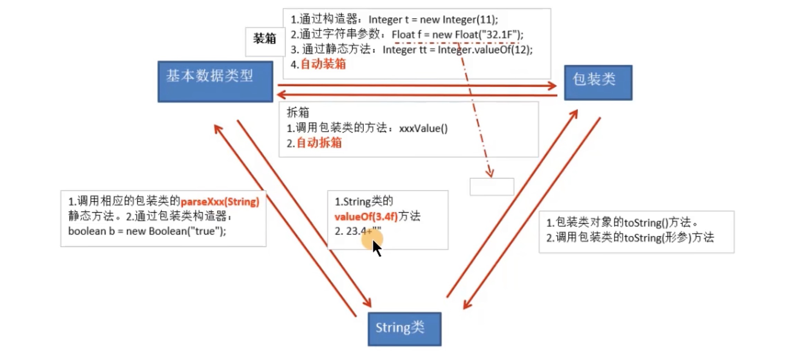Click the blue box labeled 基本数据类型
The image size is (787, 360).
point(215,82)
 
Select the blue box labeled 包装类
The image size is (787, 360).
point(598,83)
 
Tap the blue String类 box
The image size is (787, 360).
point(404,329)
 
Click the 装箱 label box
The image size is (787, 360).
point(265,38)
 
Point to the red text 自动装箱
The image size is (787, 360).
point(323,64)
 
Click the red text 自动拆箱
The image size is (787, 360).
point(319,143)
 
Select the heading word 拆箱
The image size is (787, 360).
point(297,112)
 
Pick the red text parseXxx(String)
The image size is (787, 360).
point(220,202)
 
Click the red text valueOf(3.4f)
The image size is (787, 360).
point(366,217)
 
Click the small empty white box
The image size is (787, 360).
point(491,187)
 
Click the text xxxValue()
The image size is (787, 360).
point(423,129)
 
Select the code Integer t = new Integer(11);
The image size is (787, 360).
point(433,20)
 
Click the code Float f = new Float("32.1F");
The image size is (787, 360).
point(457,35)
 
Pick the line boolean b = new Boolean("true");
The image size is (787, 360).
point(147,231)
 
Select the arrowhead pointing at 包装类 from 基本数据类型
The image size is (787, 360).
point(552,86)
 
